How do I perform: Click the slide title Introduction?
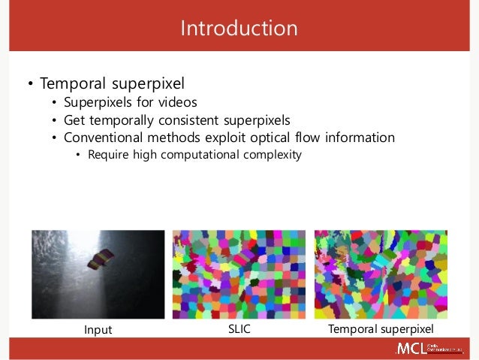coord(239,29)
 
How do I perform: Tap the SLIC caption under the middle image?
coord(239,331)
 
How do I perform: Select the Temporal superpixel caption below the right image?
coord(381,331)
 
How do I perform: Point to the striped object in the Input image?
coord(100,260)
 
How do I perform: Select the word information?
coord(359,138)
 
